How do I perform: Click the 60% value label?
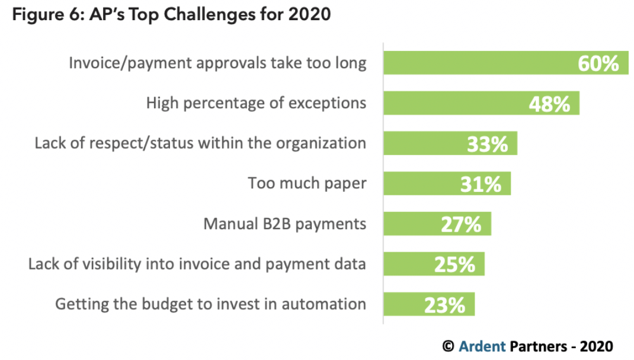[598, 63]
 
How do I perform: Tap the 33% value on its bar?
[487, 144]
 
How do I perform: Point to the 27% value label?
[461, 224]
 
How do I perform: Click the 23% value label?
[444, 305]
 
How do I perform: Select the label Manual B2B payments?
[284, 224]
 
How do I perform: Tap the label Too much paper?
[307, 184]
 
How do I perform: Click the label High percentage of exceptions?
[256, 103]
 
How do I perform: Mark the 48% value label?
[549, 104]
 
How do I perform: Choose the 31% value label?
[481, 184]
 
